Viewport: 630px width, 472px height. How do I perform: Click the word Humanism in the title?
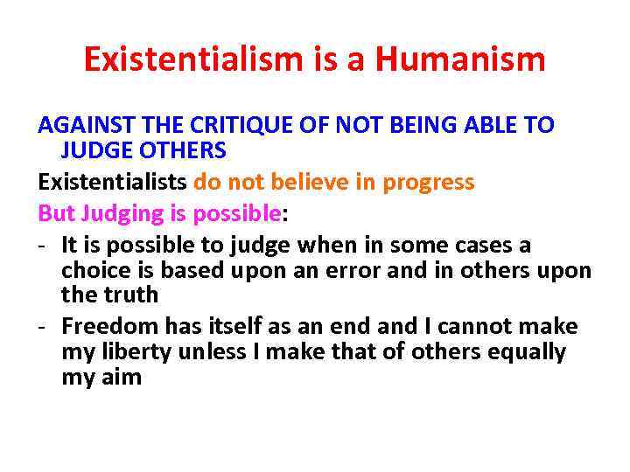click(x=460, y=60)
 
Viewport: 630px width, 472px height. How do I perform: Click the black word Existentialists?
click(x=112, y=183)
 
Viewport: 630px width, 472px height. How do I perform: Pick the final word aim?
click(x=120, y=378)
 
